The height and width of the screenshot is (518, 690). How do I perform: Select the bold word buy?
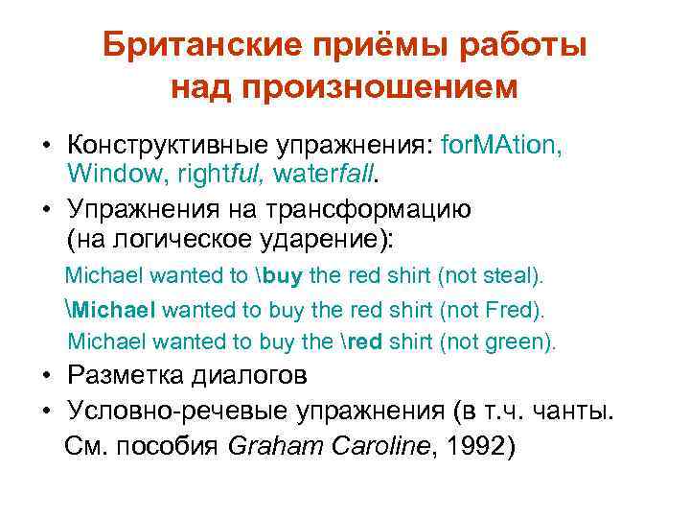tap(283, 276)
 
